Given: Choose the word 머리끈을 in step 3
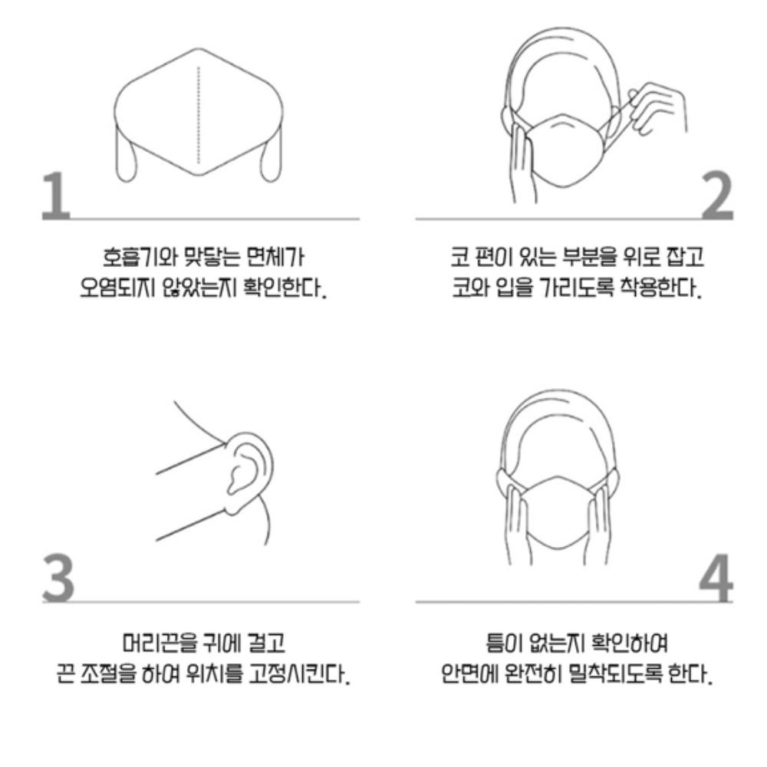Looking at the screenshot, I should [x=153, y=640].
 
